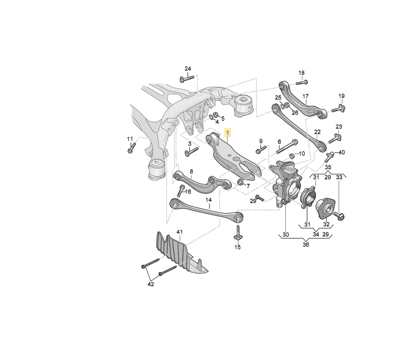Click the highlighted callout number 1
point(228,132)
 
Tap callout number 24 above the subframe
point(188,69)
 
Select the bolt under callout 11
point(132,148)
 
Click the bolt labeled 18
point(302,82)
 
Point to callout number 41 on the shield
point(180,232)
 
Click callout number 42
point(151,284)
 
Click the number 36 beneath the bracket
point(306,244)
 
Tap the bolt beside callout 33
point(339,216)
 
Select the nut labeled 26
point(287,105)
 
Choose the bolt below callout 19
point(338,109)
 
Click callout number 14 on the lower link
point(209,200)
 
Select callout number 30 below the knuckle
point(286,234)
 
